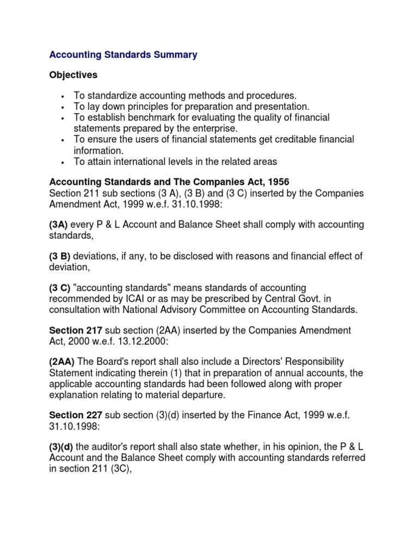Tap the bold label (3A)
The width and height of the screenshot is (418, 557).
[x=60, y=225]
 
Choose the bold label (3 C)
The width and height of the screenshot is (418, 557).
[x=60, y=288]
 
